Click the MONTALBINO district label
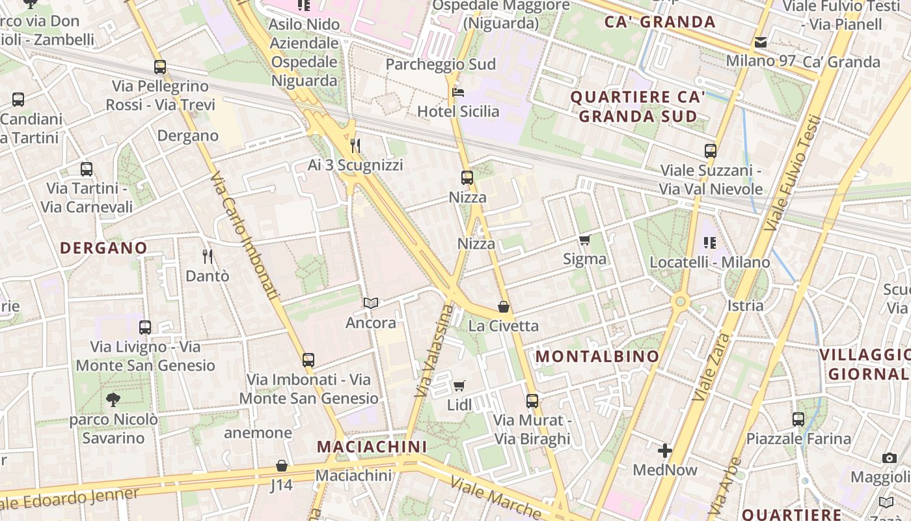[597, 356]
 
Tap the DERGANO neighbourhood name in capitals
[103, 248]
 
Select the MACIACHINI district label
[372, 447]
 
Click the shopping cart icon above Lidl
[459, 386]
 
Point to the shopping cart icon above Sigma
[585, 240]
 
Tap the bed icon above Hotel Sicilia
[458, 92]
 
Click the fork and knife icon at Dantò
[208, 256]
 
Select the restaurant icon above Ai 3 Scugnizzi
[355, 145]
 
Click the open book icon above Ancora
[371, 303]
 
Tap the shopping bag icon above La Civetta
[504, 307]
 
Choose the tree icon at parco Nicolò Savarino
[113, 399]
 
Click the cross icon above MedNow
[664, 450]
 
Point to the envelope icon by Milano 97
[760, 43]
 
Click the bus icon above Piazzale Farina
[798, 419]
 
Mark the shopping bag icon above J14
[282, 466]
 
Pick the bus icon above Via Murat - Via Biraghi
[532, 401]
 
